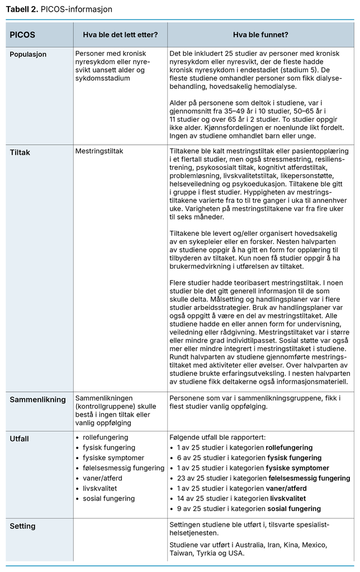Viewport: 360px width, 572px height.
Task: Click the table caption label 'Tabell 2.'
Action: (x=22, y=9)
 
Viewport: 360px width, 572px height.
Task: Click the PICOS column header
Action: (x=22, y=35)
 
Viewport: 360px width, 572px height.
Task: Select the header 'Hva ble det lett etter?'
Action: (x=120, y=35)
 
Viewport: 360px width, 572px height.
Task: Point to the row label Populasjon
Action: (x=28, y=55)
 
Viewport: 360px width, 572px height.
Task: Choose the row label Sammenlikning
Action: (x=37, y=399)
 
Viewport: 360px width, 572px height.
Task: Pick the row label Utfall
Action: (x=19, y=439)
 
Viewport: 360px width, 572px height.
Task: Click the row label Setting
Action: (x=22, y=526)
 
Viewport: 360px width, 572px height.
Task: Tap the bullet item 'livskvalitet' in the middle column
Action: (x=101, y=488)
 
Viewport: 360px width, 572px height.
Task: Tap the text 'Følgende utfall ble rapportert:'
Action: (x=217, y=437)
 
